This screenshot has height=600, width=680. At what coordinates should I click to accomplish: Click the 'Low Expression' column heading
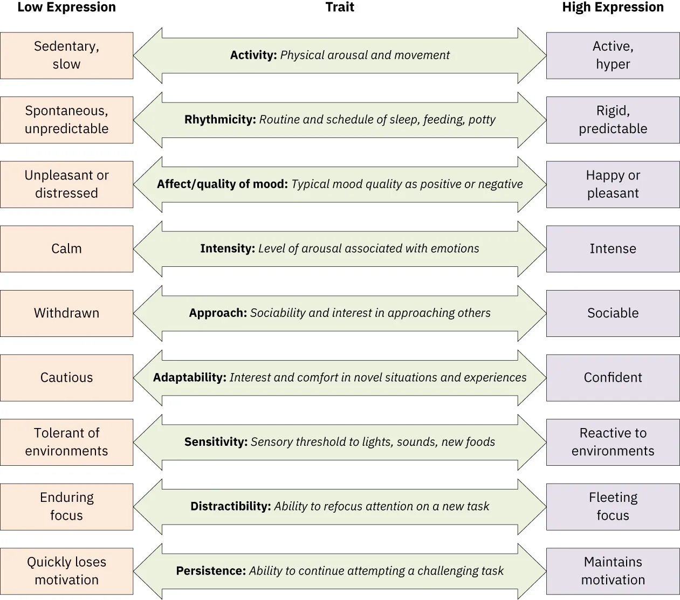point(66,8)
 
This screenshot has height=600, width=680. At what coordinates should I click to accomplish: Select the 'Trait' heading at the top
point(340,8)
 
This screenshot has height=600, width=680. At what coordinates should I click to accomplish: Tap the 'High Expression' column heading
point(613,8)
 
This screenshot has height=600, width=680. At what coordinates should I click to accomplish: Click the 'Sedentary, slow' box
point(66,56)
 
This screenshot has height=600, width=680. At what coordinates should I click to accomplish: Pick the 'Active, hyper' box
point(613,56)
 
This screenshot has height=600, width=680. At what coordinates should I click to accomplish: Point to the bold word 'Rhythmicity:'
point(220,120)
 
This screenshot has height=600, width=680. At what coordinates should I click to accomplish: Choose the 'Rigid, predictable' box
point(613,120)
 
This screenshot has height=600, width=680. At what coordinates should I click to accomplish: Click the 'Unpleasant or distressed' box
point(66,184)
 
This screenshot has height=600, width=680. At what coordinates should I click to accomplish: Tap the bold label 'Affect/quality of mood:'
point(222,184)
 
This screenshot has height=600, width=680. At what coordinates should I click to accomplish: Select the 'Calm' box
point(66,249)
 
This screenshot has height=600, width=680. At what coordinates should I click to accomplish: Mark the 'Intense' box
point(613,249)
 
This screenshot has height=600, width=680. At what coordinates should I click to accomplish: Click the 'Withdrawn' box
point(66,313)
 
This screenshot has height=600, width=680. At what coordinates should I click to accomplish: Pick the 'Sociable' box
point(613,313)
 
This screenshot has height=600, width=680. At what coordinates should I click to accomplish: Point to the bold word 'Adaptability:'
point(189,377)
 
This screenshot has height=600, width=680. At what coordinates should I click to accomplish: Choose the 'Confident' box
point(613,377)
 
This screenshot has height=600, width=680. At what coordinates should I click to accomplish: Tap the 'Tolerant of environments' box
point(66,442)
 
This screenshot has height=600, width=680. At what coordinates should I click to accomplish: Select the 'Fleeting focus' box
point(613,506)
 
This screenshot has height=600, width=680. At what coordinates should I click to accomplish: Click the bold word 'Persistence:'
point(211,571)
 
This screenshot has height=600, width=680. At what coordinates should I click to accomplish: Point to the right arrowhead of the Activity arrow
point(532,56)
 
